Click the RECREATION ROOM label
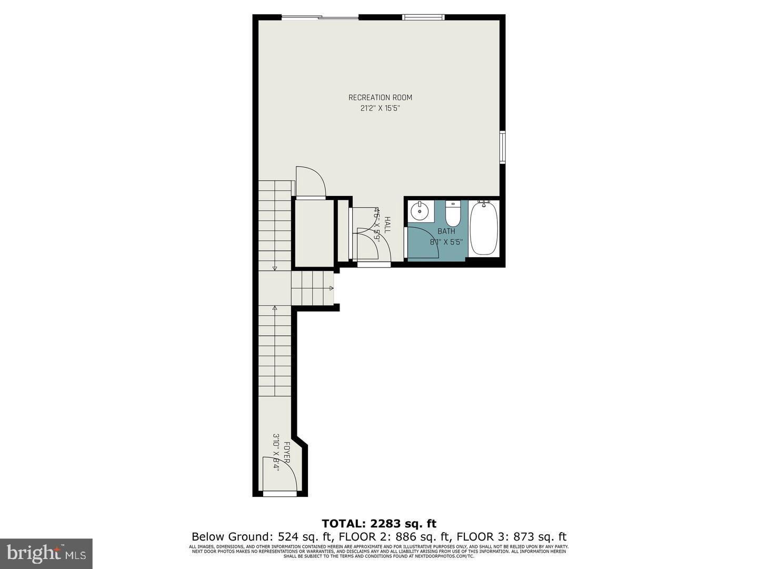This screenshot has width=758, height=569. click(380, 97)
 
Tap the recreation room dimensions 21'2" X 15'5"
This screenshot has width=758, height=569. click(380, 109)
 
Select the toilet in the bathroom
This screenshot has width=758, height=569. click(453, 213)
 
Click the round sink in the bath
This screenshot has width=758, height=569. click(420, 212)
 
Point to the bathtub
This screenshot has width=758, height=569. click(484, 229)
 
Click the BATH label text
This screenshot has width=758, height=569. click(446, 231)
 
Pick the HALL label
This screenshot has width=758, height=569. click(387, 225)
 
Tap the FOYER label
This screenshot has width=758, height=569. click(287, 453)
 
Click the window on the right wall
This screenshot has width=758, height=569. click(503, 147)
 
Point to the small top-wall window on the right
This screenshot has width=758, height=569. click(423, 17)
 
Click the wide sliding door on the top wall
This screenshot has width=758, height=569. click(320, 18)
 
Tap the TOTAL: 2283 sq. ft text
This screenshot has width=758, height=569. click(379, 524)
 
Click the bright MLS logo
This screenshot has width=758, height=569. click(46, 553)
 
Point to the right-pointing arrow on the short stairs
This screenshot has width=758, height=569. click(331, 288)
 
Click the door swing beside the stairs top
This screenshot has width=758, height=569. click(311, 182)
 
